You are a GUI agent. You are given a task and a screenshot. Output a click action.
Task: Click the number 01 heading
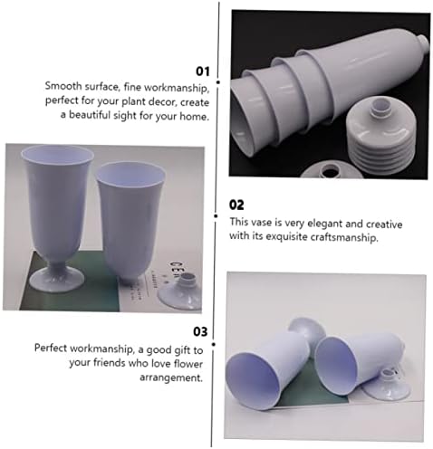click(x=203, y=72)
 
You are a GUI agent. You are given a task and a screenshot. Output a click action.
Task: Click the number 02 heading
click(x=236, y=205)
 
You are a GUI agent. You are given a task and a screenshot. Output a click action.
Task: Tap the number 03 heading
click(x=200, y=331)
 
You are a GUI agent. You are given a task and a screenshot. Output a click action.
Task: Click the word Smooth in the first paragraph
click(x=63, y=86)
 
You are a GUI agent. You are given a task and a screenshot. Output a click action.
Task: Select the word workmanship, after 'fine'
click(x=177, y=88)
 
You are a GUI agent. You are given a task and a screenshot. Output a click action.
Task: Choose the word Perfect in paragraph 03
click(x=51, y=348)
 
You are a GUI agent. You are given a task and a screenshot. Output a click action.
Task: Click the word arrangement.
click(x=171, y=377)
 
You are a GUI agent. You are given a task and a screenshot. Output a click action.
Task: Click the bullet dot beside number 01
click(x=218, y=82)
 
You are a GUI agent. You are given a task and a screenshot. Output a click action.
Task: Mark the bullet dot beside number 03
click(x=214, y=344)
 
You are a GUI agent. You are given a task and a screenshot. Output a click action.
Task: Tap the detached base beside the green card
click(x=181, y=292)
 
